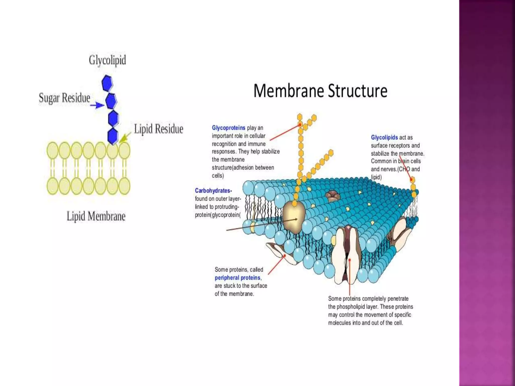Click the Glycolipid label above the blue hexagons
point(107,60)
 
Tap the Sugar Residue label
point(64,98)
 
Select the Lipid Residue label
point(158,129)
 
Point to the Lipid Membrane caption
point(96,216)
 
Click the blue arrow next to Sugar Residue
point(97,105)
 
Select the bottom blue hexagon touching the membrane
point(113,136)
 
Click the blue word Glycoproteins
point(228,128)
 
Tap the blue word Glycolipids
point(384,137)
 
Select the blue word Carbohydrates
point(213,191)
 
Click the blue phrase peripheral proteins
point(238,278)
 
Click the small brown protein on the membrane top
point(332,195)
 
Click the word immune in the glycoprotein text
point(257,144)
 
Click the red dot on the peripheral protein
point(285,256)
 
